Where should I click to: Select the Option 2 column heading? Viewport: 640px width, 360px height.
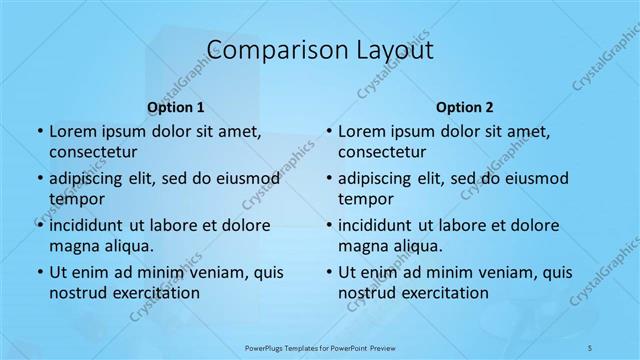coord(465,107)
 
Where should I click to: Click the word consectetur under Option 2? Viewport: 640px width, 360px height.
coord(383,152)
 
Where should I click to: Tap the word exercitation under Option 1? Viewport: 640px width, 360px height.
coord(154,293)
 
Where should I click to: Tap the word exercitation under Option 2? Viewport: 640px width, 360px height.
coord(444,293)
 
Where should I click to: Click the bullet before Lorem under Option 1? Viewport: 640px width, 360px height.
coord(38,131)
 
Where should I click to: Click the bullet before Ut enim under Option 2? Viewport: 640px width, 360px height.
coord(328,272)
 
